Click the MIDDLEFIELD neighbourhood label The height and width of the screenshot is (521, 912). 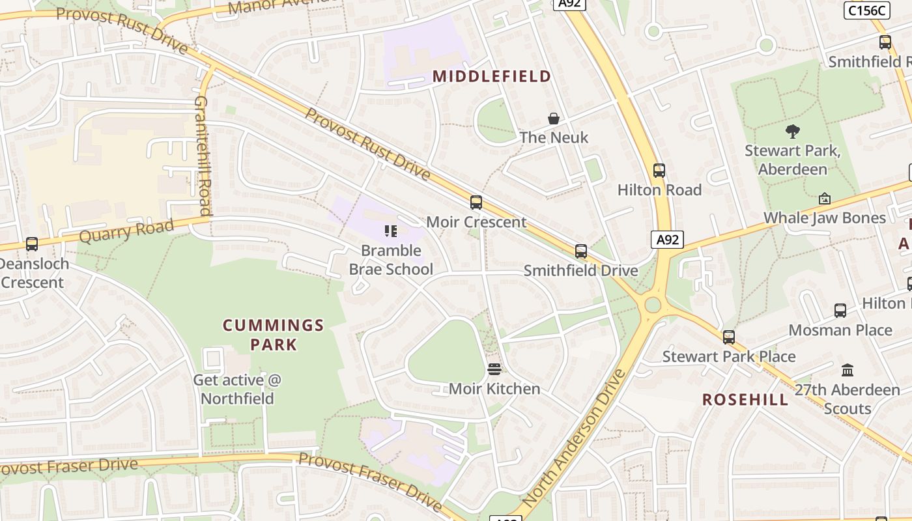coord(492,76)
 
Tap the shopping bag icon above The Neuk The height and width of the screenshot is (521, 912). coord(554,119)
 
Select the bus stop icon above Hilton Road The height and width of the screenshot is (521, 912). coord(659,171)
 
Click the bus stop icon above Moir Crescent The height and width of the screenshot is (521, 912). coord(476,203)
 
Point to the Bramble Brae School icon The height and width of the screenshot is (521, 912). coord(391,231)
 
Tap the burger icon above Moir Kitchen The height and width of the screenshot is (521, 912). coord(494,370)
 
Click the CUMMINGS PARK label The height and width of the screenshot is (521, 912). coord(274,335)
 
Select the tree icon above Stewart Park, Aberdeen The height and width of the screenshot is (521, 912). coord(793,132)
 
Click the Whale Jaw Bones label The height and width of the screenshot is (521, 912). coord(825,218)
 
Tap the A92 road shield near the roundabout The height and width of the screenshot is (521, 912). coord(667,240)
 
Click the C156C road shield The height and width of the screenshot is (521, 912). coord(866,10)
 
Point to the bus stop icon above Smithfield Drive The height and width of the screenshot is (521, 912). coord(581,251)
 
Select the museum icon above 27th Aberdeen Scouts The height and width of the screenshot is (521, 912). coord(848,370)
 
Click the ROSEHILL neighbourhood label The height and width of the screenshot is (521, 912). coord(745,400)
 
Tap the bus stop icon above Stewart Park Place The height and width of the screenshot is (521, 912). coord(729,337)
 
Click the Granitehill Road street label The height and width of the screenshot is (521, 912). coord(203,156)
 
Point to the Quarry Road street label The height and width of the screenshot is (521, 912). coord(126,231)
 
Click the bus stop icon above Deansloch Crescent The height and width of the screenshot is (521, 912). coord(31,244)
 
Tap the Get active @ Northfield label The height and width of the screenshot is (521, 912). coord(237,389)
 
